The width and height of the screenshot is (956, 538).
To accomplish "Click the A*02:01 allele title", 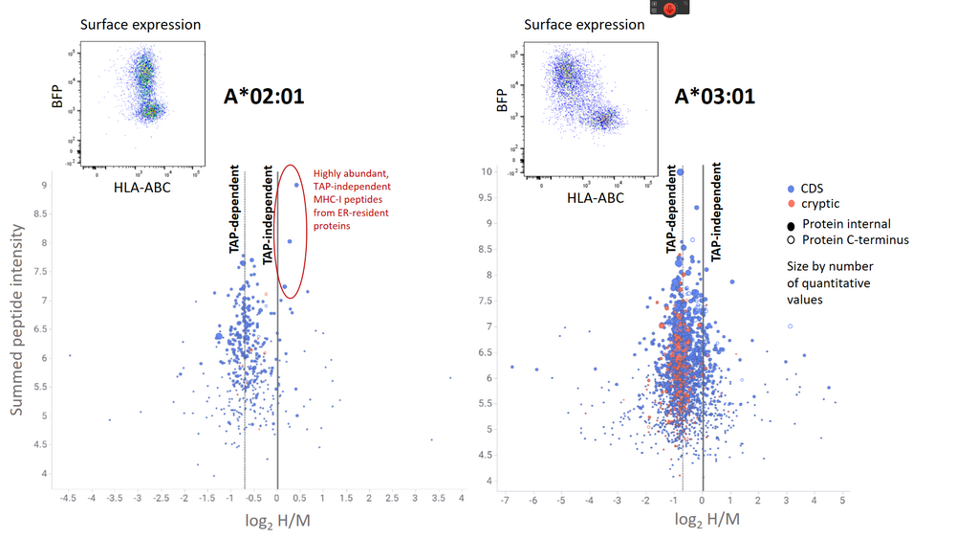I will coord(265,96).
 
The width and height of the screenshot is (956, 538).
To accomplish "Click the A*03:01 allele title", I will coord(715,96).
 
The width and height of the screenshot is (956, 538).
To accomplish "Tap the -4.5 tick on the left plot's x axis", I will coord(69,498).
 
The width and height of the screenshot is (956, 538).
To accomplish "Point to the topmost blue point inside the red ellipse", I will coord(297,186).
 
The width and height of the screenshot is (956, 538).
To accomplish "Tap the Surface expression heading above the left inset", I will coord(141,24).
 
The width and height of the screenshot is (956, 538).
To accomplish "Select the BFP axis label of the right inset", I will coord(502,101).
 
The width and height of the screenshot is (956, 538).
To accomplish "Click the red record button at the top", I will coord(670,9).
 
